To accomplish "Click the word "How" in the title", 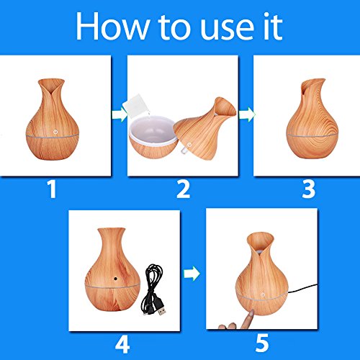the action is [x=112, y=26].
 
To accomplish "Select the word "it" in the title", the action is [x=273, y=26].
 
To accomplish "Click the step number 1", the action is [x=52, y=189].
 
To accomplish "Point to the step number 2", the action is [x=183, y=189].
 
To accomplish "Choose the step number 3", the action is [x=309, y=189].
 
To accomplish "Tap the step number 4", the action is [x=122, y=344].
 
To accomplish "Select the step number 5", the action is [x=261, y=343].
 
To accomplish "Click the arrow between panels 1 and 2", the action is [x=120, y=114].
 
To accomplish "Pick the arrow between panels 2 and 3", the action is [x=247, y=114].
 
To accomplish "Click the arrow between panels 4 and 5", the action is [x=192, y=273].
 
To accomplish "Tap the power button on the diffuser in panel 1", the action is [x=55, y=132].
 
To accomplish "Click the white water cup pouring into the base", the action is [x=135, y=105].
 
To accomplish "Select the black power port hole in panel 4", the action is [x=116, y=279].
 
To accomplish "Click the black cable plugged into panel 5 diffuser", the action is [x=302, y=289].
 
